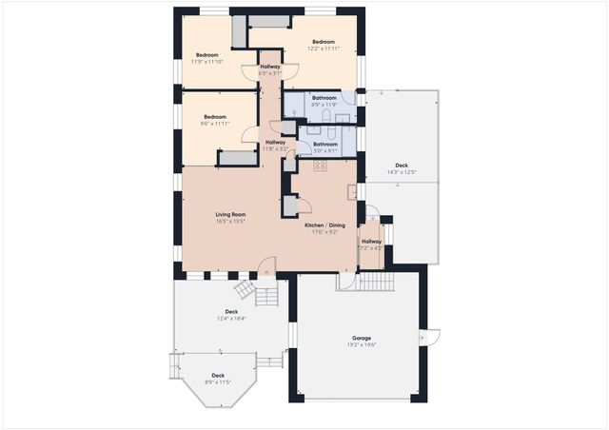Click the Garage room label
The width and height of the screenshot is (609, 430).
click(x=361, y=338)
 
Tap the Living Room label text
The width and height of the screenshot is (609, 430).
click(x=231, y=215)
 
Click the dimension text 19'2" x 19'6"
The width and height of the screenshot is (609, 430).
click(x=361, y=345)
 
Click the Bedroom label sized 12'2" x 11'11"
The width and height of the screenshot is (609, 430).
click(x=324, y=42)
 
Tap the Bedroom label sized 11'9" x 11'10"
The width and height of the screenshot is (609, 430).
click(x=209, y=55)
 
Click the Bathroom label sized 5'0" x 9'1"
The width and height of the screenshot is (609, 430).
click(x=325, y=144)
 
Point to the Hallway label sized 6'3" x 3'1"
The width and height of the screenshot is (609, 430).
click(x=270, y=66)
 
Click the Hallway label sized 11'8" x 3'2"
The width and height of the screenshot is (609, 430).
click(x=275, y=143)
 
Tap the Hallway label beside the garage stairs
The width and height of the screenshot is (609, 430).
click(x=371, y=242)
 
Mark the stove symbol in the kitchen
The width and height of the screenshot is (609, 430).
click(x=321, y=166)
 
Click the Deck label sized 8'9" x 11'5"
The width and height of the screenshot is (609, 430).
click(x=218, y=376)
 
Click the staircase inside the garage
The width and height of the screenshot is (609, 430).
click(x=378, y=283)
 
